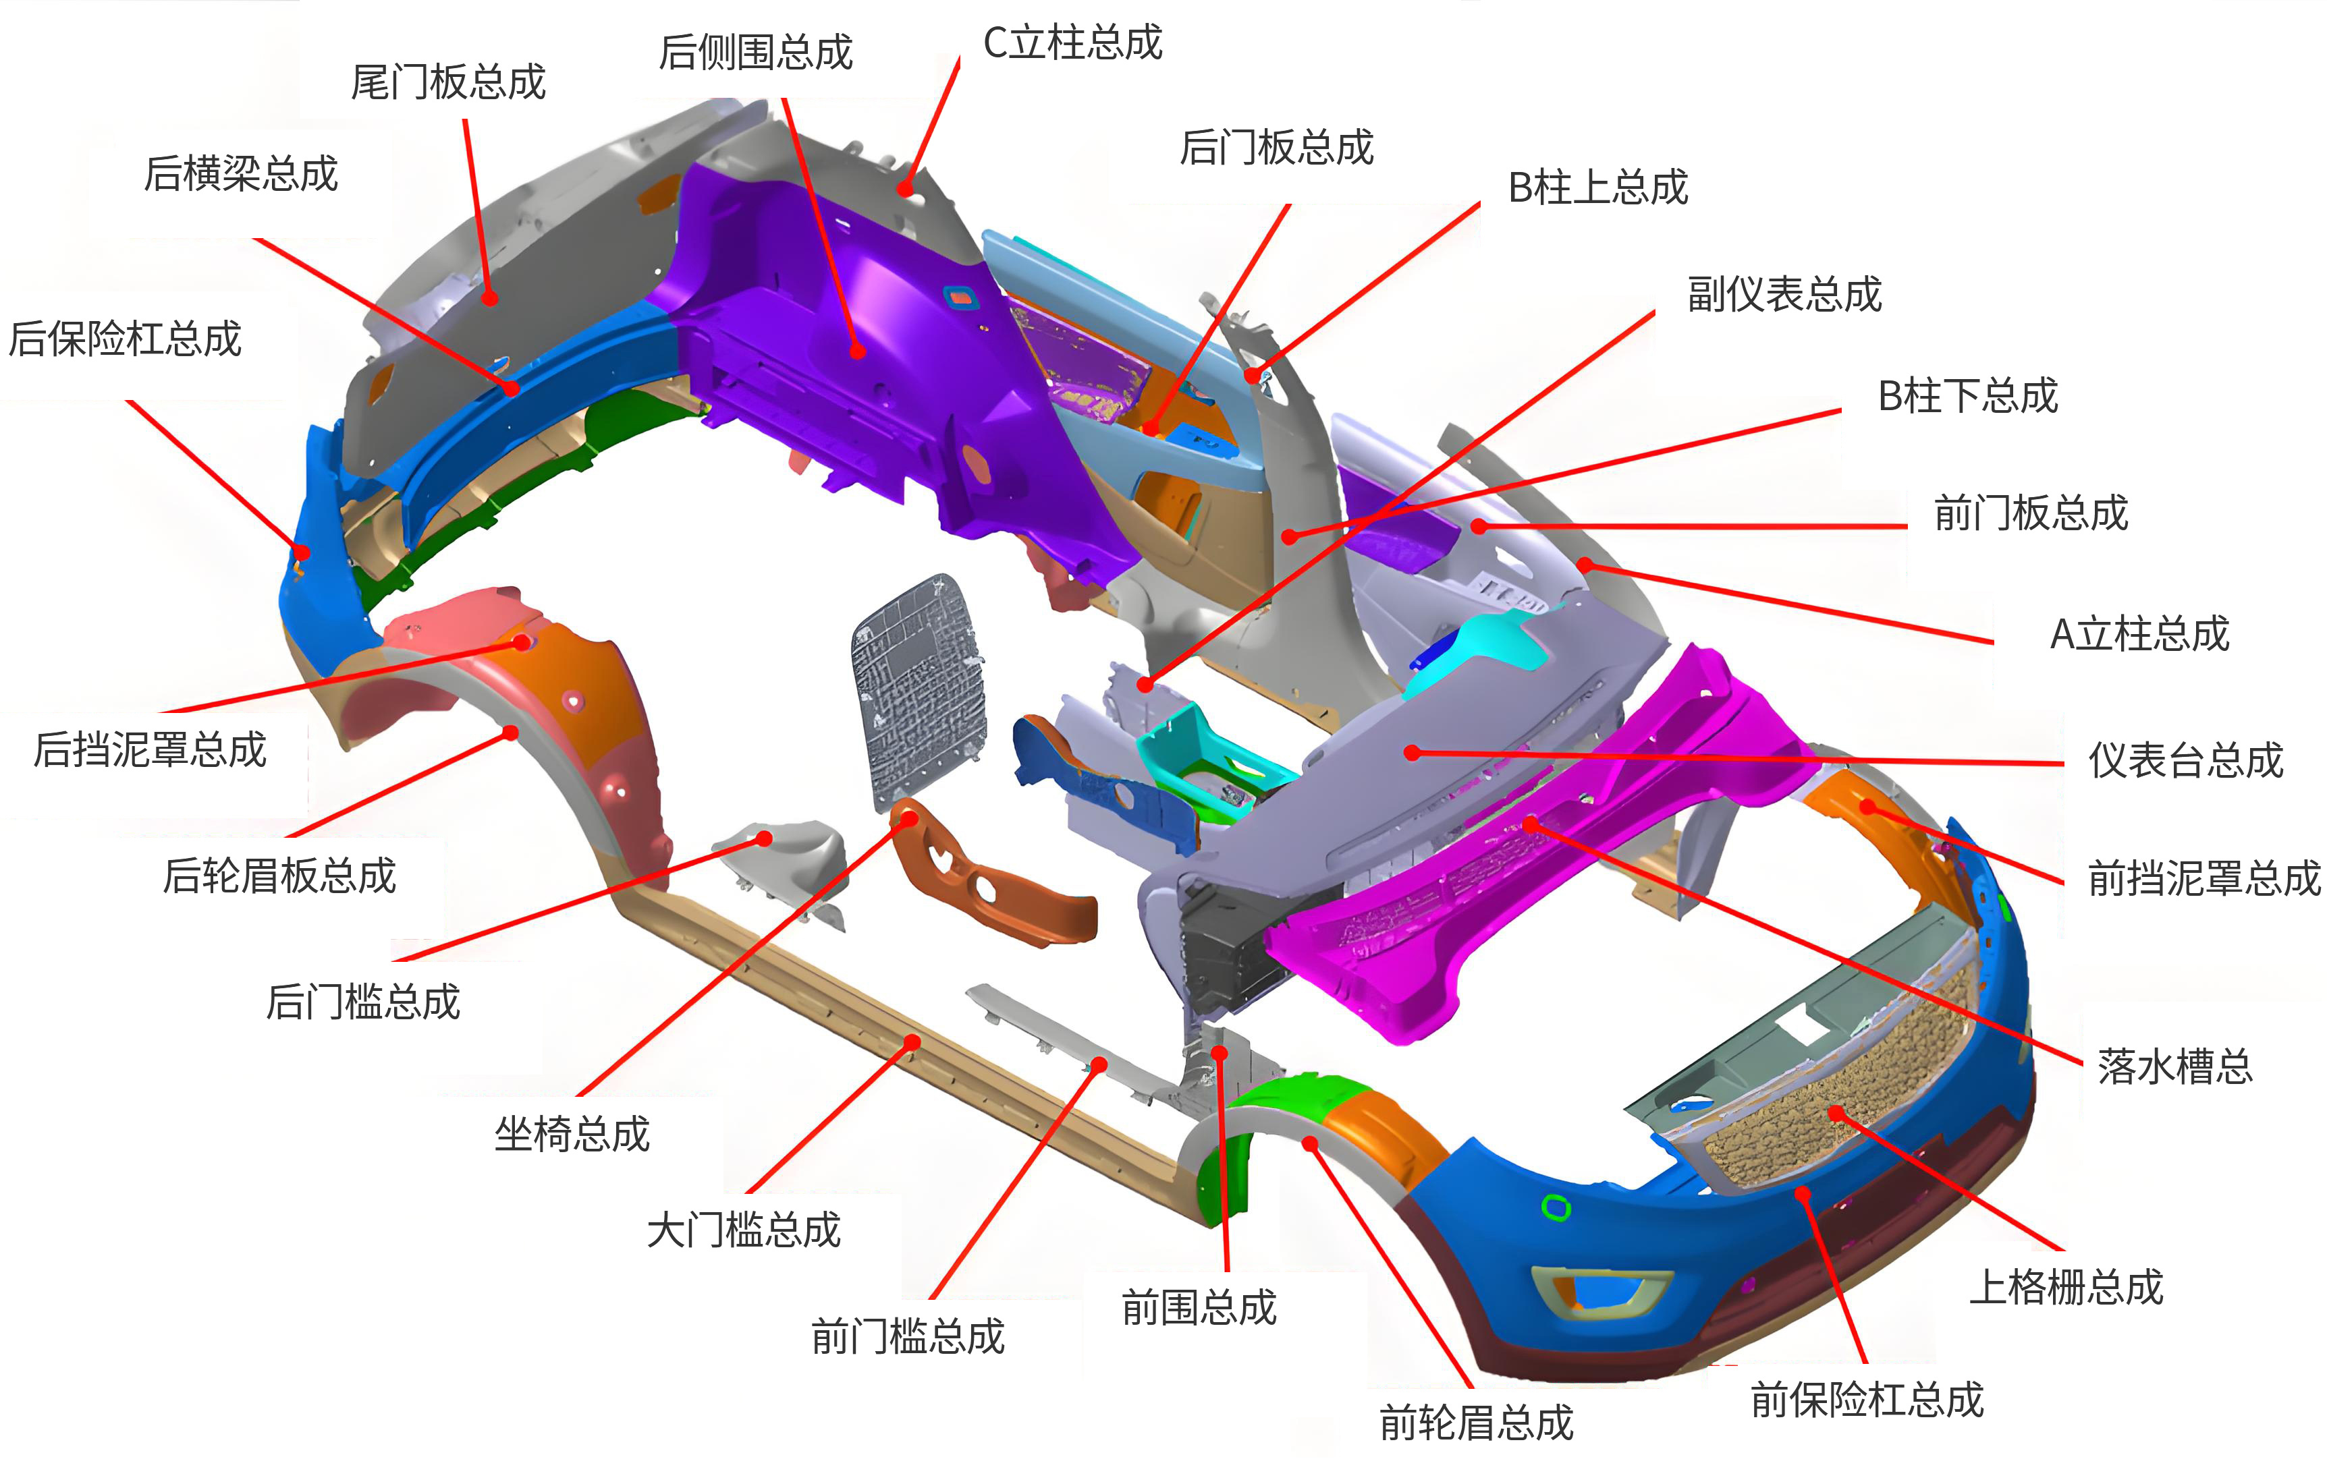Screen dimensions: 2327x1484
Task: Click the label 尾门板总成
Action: [447, 82]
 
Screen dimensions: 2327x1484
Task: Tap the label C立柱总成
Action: [1072, 42]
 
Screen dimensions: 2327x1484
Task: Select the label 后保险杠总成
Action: [125, 339]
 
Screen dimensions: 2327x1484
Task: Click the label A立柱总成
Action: [2139, 634]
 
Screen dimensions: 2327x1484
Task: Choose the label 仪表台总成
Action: [2186, 760]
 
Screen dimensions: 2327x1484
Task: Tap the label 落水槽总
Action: [2174, 1066]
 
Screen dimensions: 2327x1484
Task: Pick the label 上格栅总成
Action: [2066, 1287]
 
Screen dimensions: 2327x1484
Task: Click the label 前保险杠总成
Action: [1867, 1399]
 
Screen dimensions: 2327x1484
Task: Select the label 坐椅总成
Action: [572, 1133]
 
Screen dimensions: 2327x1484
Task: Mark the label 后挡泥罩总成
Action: [150, 749]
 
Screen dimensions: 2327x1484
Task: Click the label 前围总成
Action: [1199, 1307]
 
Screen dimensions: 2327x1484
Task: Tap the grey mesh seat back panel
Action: [918, 691]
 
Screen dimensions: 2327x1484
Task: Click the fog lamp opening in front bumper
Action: [1601, 1292]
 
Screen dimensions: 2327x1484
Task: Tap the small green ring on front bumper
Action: [1556, 1207]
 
